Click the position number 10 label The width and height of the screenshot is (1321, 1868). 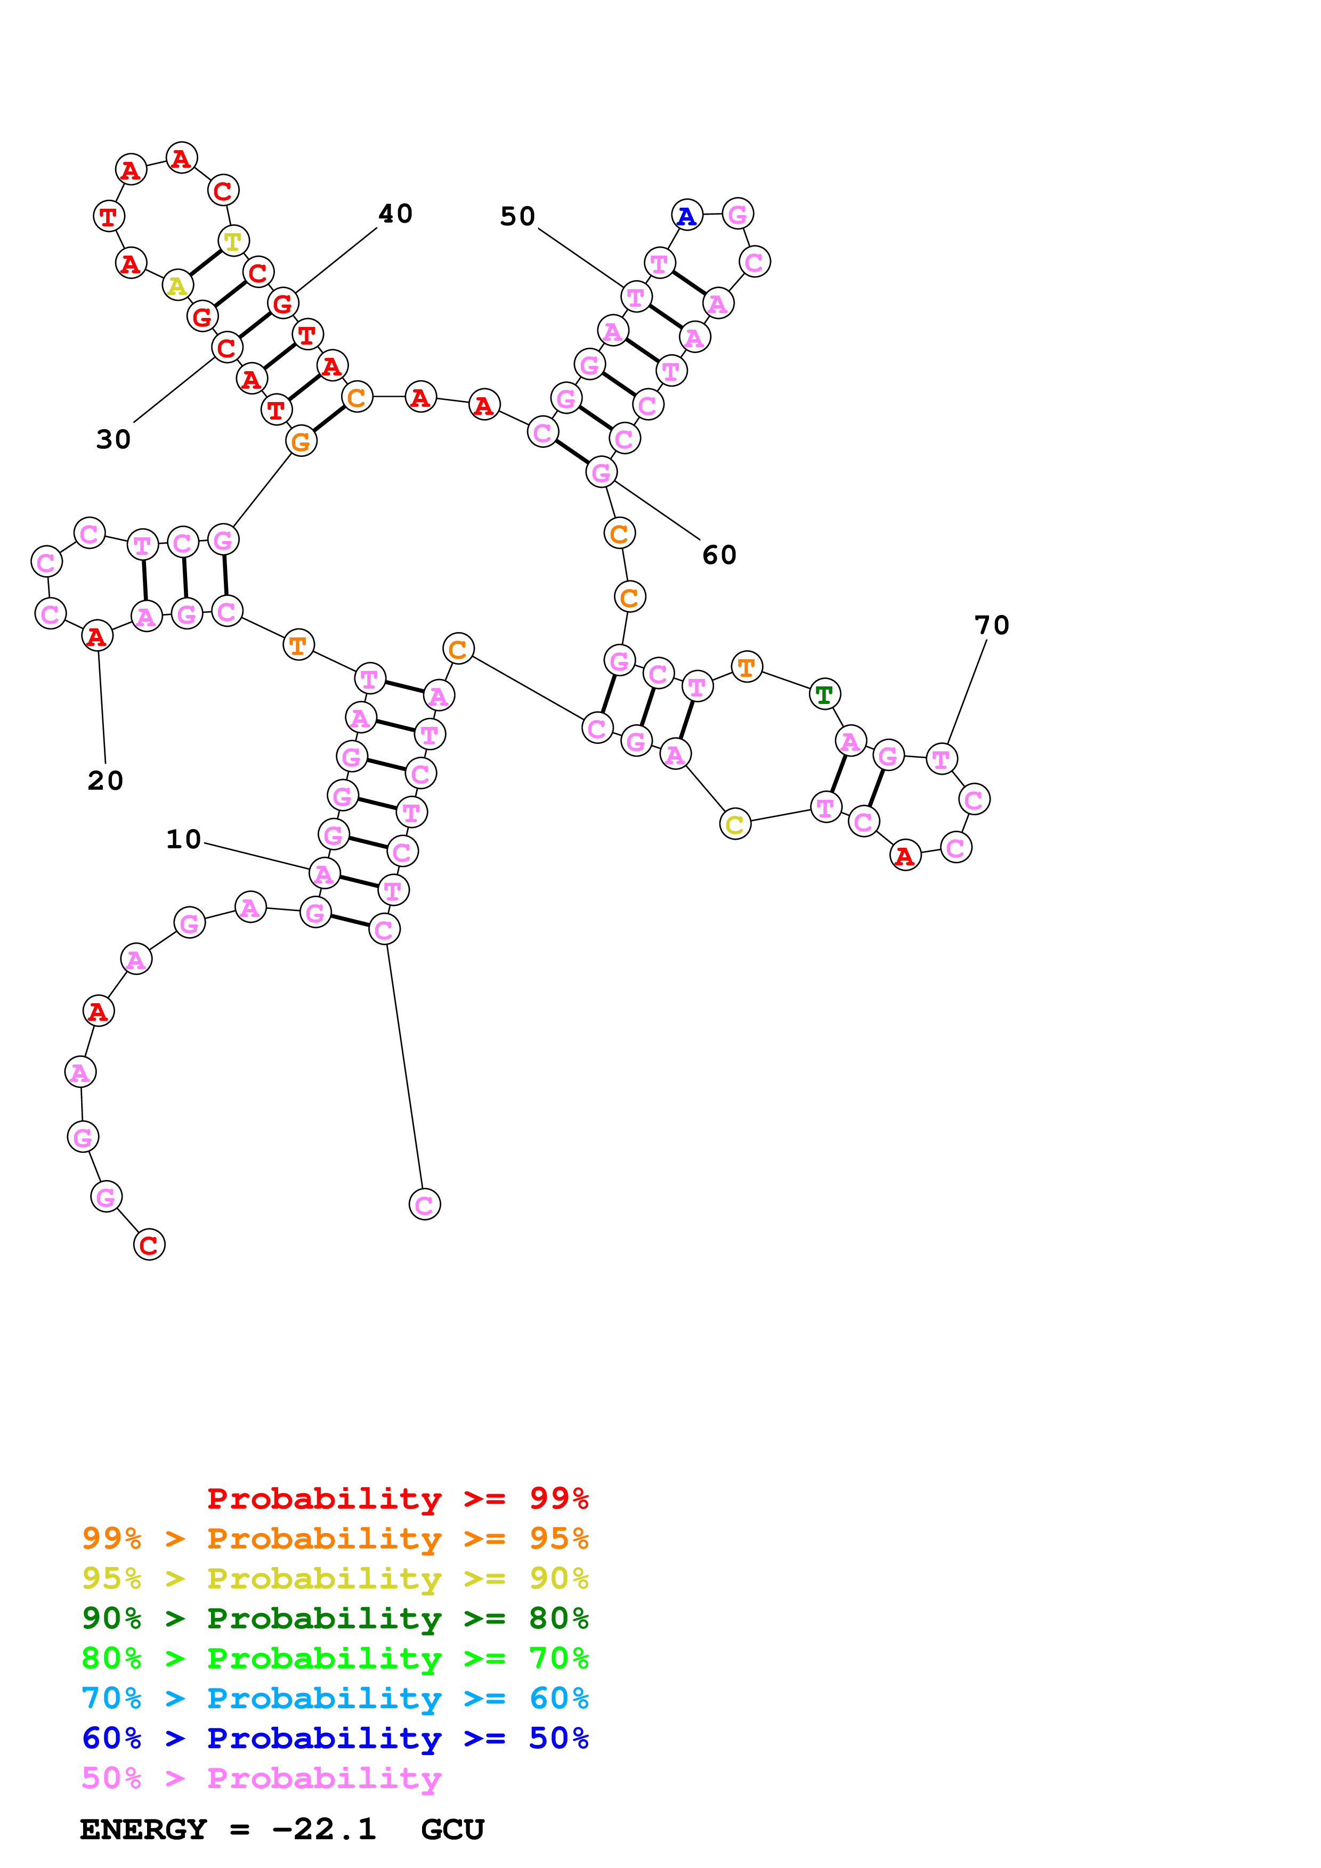(183, 839)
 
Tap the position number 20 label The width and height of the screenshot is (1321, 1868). (105, 780)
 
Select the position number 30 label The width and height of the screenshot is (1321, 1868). (113, 439)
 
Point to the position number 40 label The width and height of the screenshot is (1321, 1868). (395, 213)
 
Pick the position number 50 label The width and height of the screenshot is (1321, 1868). (517, 216)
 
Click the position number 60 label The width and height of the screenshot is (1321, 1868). (719, 555)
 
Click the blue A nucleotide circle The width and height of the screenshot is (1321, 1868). (687, 216)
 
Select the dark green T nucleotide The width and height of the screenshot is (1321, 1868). (824, 694)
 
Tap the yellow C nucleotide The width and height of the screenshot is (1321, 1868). (734, 824)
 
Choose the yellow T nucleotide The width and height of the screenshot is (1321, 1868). (233, 241)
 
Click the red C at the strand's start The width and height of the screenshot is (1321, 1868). (149, 1245)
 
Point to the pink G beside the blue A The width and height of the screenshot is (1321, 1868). (738, 214)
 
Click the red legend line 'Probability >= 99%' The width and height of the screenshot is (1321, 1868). (397, 1498)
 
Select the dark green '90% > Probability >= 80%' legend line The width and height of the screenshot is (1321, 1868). (335, 1618)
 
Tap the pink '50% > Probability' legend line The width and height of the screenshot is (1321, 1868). (261, 1777)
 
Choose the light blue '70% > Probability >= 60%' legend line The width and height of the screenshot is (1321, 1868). (335, 1698)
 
